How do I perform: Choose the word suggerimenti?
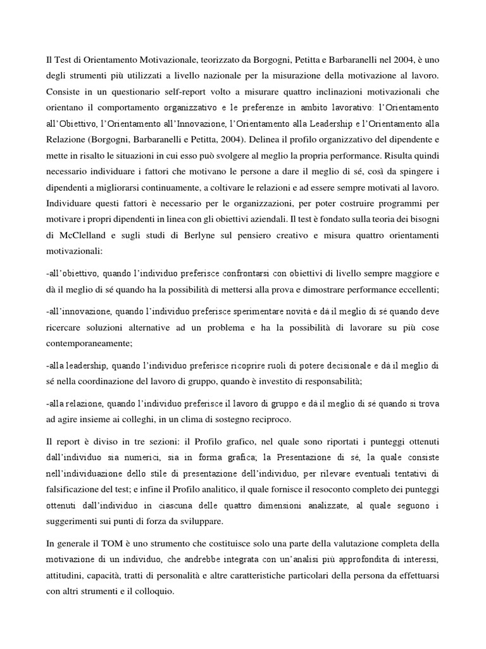pyautogui.click(x=80, y=521)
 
